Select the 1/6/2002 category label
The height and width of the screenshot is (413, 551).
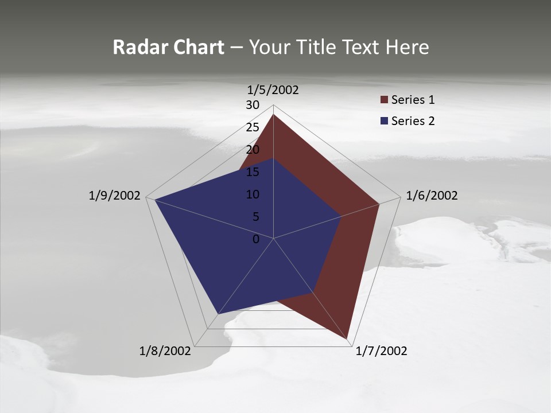click(432, 196)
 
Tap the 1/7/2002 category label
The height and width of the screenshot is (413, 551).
click(381, 351)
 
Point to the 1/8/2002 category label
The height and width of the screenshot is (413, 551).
click(165, 351)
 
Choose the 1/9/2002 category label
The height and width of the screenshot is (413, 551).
click(115, 196)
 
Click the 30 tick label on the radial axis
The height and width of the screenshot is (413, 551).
click(253, 105)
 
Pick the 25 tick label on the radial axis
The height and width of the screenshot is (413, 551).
click(253, 127)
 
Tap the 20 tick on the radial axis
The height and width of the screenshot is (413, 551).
click(253, 150)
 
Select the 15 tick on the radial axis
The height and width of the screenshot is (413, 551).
click(253, 172)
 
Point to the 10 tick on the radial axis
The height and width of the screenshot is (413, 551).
click(253, 194)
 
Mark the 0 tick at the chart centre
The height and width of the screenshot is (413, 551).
click(256, 239)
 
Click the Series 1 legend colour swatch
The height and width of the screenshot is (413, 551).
click(385, 100)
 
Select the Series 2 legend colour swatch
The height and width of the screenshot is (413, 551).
click(385, 121)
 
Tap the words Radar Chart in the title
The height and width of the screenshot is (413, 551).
click(168, 47)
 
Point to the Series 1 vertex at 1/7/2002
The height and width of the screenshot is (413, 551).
click(348, 340)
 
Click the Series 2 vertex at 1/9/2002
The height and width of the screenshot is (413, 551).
click(155, 200)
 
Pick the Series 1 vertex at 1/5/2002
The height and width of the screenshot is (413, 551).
click(273, 115)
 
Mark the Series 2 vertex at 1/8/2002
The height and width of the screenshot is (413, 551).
click(218, 314)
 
